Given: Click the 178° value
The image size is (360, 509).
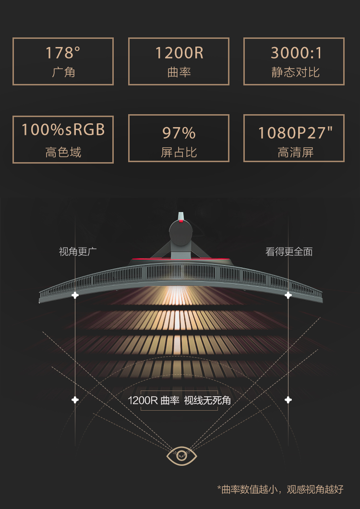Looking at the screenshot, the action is click(x=63, y=53).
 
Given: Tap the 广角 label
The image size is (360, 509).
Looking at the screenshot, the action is click(x=63, y=72).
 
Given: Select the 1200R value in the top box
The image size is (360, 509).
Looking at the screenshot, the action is click(x=179, y=53).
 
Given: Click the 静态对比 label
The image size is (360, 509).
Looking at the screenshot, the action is click(x=295, y=72).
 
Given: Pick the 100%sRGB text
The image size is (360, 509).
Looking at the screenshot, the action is click(x=63, y=130).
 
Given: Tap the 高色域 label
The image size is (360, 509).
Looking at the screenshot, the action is click(x=63, y=153).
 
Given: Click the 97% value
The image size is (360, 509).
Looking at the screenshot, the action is click(x=179, y=132).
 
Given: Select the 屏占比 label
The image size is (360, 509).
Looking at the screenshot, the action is click(x=179, y=153).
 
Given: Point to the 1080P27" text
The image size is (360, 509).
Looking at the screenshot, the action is click(x=295, y=133).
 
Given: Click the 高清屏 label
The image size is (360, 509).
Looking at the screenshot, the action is click(x=295, y=153).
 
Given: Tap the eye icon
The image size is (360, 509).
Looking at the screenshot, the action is click(x=181, y=455).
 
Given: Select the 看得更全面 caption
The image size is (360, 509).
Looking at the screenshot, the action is click(x=289, y=251).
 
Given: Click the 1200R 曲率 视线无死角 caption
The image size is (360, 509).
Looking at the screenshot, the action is click(x=179, y=401).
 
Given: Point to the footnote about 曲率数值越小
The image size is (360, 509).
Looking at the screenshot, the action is click(x=280, y=489).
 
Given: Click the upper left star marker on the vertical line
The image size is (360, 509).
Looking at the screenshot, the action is click(x=75, y=295).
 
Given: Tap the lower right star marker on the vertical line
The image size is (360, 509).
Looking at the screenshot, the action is click(x=288, y=400).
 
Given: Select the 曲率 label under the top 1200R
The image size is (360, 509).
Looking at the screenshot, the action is click(x=179, y=72).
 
